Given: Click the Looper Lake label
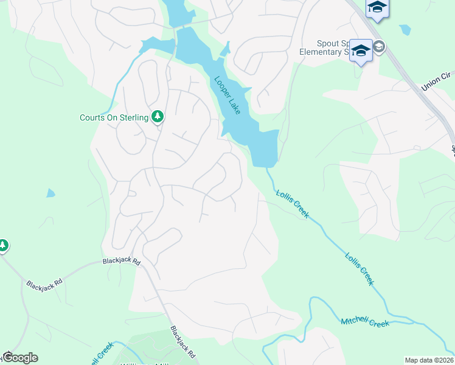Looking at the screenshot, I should point(226,94).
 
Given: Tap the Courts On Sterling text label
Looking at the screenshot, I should point(114,117).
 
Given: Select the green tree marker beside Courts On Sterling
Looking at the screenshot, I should point(158,116).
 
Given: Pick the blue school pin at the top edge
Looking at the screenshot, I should point(377,8).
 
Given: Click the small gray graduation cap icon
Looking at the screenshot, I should point(379,47).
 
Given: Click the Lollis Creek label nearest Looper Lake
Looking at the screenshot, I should point(293,204).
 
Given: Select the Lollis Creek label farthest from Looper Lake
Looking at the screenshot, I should point(358,269).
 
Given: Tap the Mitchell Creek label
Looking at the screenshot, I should point(364,322).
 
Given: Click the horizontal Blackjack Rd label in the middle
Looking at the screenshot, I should point(122,262).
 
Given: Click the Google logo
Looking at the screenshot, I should point(20,358).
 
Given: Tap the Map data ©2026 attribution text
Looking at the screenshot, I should point(429,360).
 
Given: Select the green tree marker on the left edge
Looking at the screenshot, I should point(3,245).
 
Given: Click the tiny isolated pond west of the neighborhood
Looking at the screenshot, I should point(50,193).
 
